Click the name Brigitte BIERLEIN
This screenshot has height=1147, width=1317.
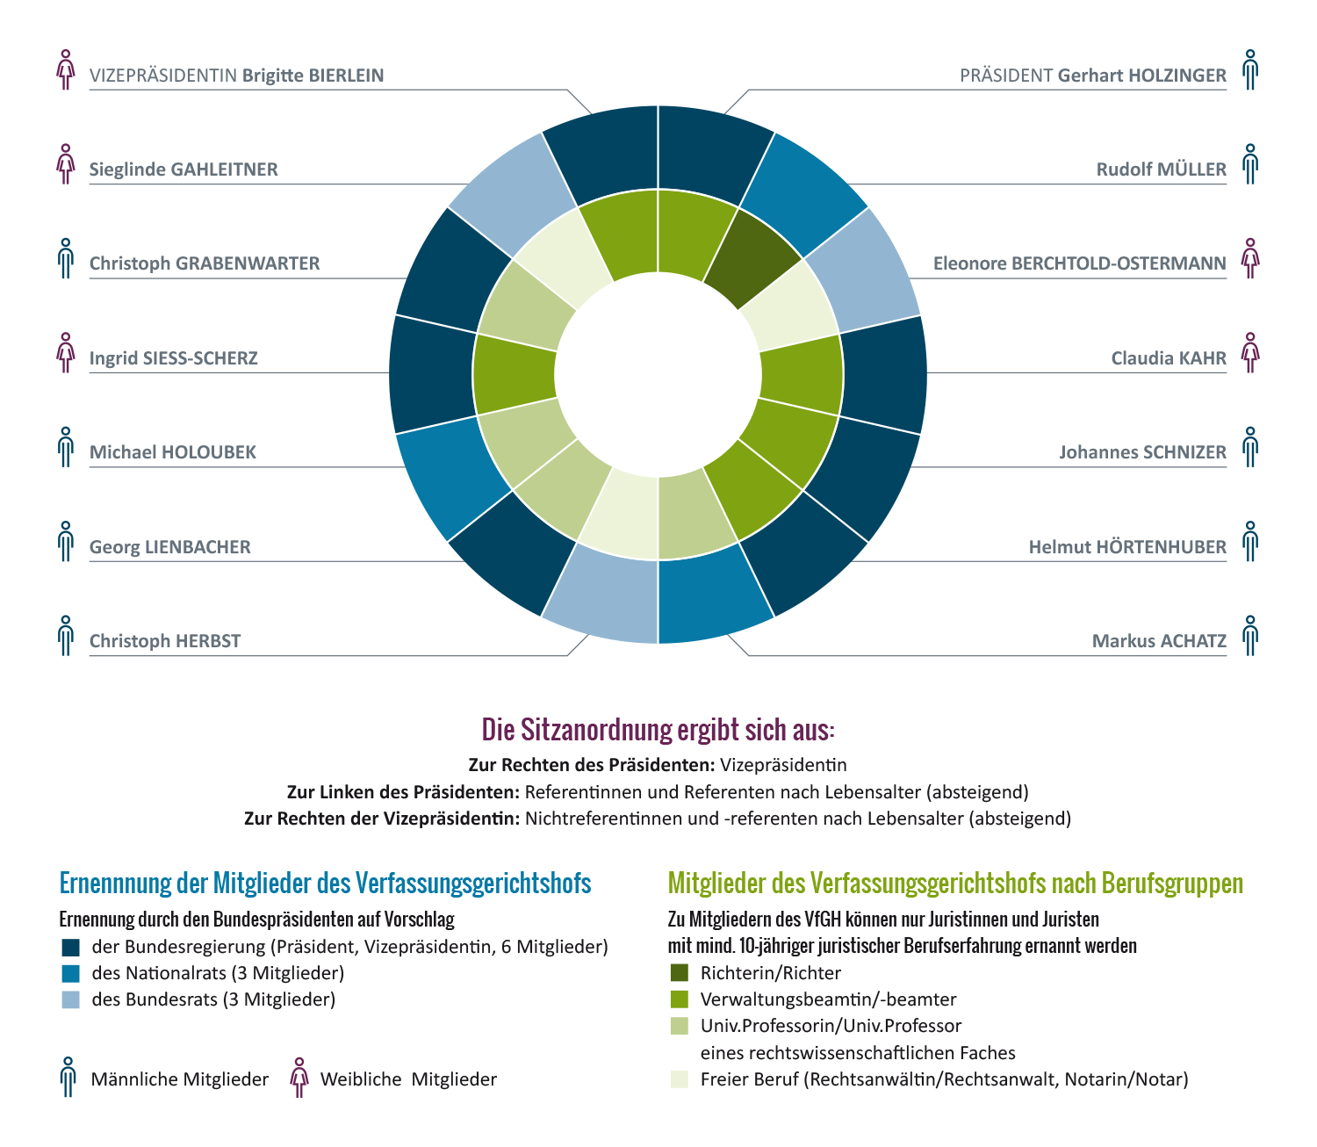pyautogui.click(x=313, y=76)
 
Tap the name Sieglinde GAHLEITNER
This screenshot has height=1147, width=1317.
pyautogui.click(x=184, y=170)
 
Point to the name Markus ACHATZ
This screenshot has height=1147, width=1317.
pyautogui.click(x=1159, y=641)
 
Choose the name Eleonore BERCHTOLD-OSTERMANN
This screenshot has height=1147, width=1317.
pyautogui.click(x=1079, y=263)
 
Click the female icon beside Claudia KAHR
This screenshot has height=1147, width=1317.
pyautogui.click(x=1250, y=353)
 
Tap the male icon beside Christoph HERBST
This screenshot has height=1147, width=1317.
pyautogui.click(x=66, y=635)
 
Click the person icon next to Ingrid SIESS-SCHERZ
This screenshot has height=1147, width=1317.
pyautogui.click(x=66, y=353)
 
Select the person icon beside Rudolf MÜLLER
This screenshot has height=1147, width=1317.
pyautogui.click(x=1250, y=164)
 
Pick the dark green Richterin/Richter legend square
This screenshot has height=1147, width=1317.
pyautogui.click(x=679, y=972)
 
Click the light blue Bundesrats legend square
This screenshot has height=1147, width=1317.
pyautogui.click(x=71, y=999)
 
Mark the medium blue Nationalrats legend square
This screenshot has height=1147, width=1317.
pyautogui.click(x=71, y=972)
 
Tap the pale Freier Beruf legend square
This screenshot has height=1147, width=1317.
pyautogui.click(x=679, y=1078)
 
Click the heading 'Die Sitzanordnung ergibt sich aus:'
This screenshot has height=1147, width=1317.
pyautogui.click(x=658, y=729)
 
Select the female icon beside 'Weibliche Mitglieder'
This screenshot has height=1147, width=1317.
pyautogui.click(x=299, y=1077)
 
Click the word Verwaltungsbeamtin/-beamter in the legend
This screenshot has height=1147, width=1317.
pyautogui.click(x=828, y=999)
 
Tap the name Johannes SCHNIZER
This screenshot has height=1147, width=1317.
pyautogui.click(x=1142, y=452)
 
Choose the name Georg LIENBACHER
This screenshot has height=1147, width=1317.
pyautogui.click(x=170, y=547)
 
